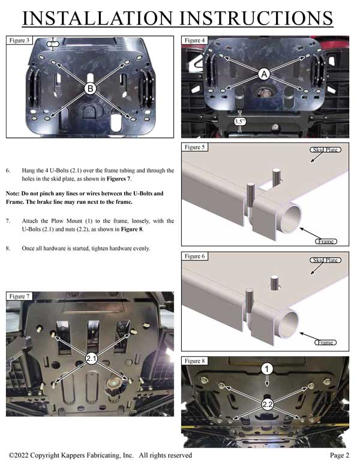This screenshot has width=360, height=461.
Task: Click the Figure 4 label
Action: pos(195,41)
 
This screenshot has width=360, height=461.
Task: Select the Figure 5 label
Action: pos(195,147)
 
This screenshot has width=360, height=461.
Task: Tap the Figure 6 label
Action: pos(195,257)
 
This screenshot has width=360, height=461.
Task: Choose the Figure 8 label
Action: pos(195,361)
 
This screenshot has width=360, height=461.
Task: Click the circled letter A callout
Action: pos(264,74)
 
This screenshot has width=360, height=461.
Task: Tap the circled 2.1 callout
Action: pos(91,358)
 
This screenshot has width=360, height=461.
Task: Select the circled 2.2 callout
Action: pos(267,405)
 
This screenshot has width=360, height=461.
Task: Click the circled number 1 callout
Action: pos(266,369)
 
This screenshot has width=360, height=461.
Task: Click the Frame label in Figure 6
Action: pos(325,342)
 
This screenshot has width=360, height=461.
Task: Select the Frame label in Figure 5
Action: pos(325,241)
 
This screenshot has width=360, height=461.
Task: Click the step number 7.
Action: pos(8,221)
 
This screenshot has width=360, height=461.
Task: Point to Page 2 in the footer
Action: pos(339,456)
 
